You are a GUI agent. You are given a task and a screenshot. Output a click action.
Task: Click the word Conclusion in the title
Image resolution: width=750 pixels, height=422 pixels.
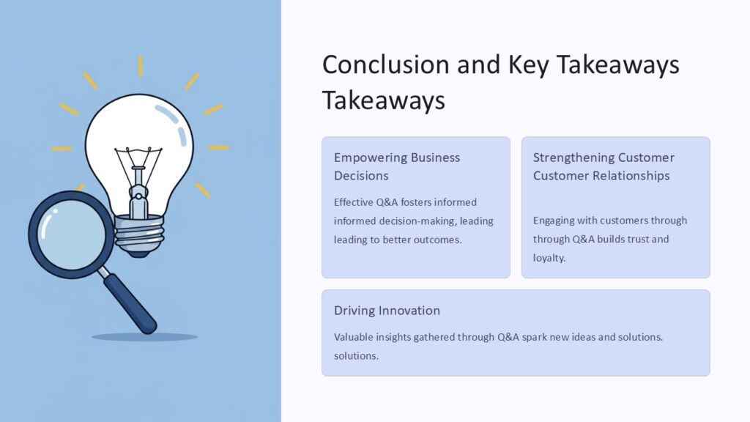pos(385,64)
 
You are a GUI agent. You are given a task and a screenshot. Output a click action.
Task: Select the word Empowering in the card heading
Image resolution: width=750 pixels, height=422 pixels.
pos(368,158)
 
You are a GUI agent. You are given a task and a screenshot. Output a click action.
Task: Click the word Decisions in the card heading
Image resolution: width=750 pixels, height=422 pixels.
pos(361,176)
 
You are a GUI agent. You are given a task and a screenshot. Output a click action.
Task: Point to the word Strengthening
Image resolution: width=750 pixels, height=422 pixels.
pos(573,158)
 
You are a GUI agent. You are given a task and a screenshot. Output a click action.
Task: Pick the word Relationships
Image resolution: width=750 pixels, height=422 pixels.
pos(633,176)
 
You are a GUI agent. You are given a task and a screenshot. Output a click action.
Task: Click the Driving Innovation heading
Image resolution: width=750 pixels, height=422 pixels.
pos(387,311)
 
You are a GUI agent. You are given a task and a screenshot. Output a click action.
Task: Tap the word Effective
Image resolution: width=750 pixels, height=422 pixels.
pos(354,202)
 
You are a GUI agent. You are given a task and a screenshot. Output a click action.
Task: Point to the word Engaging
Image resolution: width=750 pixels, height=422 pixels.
pos(554,221)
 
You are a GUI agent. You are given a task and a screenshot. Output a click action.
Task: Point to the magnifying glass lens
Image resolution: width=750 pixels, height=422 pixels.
pos(71,232)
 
